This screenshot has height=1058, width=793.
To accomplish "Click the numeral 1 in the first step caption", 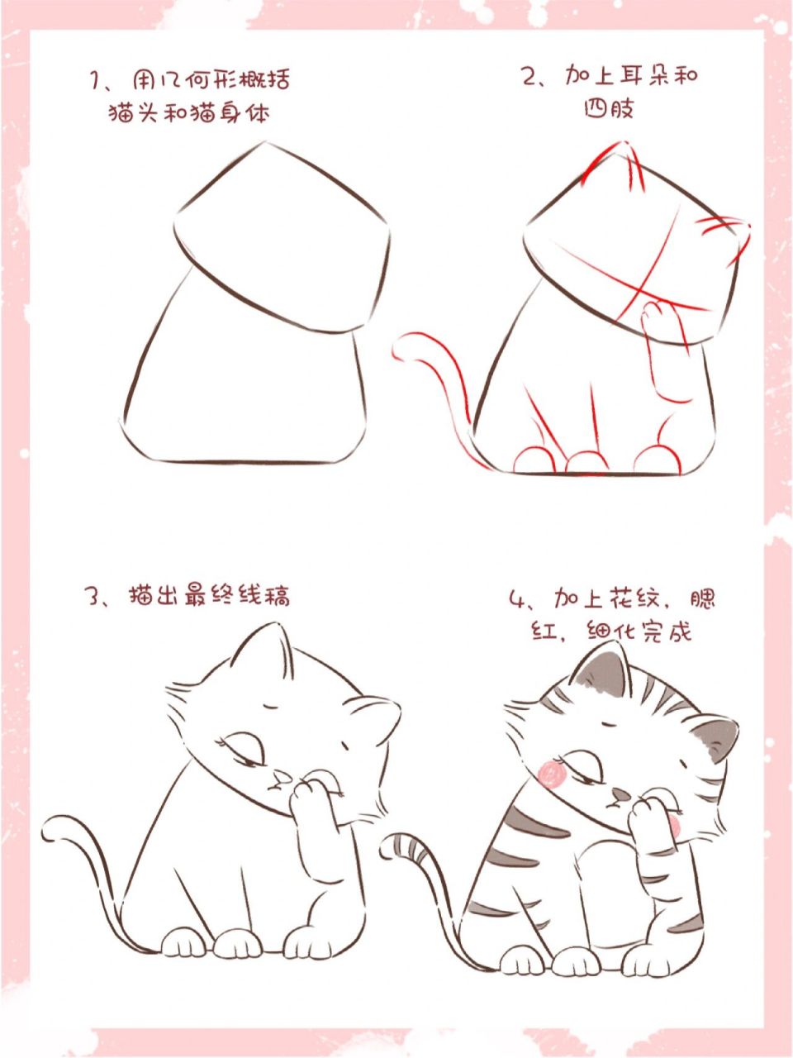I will [x=95, y=80].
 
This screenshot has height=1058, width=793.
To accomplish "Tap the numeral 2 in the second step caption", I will [x=529, y=77].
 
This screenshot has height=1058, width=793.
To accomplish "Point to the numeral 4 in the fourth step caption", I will [x=518, y=598].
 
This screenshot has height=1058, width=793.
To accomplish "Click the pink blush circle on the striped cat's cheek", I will [x=549, y=773].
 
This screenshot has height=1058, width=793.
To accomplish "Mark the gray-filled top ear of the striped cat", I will [x=601, y=666].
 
